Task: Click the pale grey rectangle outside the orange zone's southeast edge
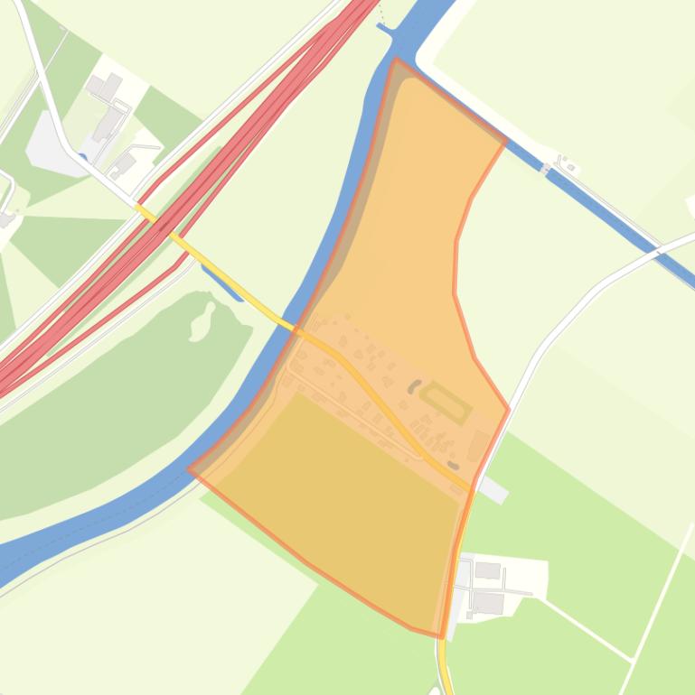pos(493,490)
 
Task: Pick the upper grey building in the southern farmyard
pos(487,570)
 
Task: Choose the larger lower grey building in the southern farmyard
pos(488,602)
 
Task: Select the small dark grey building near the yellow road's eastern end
pos(453,466)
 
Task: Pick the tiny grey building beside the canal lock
pos(568,166)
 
